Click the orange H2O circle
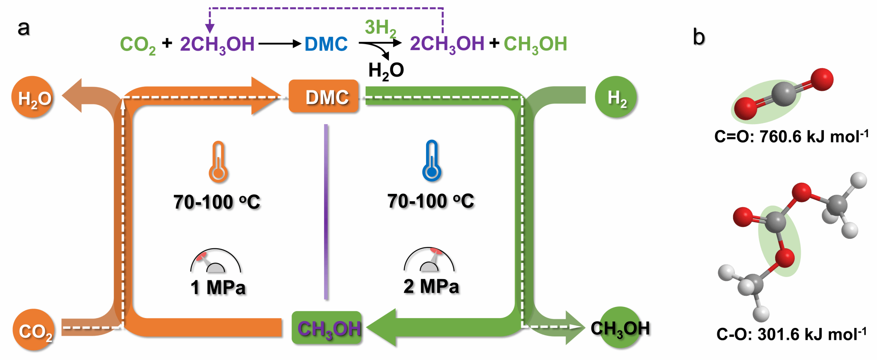[x=33, y=98]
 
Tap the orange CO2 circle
[x=34, y=330]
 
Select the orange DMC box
[x=324, y=97]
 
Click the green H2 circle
[x=616, y=97]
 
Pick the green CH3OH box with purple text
[x=327, y=328]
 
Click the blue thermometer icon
[x=432, y=161]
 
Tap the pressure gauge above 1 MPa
[x=215, y=261]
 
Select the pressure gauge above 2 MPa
[x=429, y=260]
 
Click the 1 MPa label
[x=218, y=287]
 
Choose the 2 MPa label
[x=431, y=286]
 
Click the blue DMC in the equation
[x=326, y=44]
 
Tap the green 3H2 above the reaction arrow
[x=380, y=28]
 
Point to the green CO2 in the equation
[x=137, y=45]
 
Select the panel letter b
[x=698, y=37]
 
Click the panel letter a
[x=24, y=28]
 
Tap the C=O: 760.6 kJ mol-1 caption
[x=791, y=137]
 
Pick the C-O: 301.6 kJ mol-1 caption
[x=791, y=334]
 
